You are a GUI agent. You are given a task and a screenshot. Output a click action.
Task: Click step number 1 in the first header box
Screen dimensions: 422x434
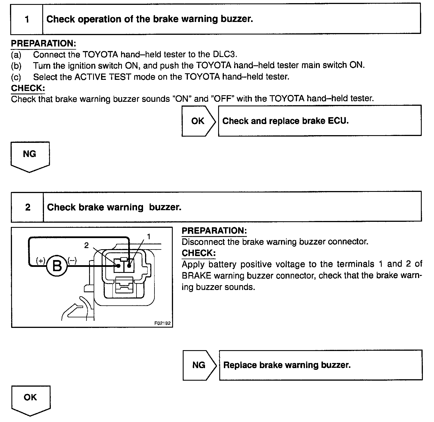point(27,19)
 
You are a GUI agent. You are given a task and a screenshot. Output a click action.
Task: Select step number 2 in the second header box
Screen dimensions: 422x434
point(28,207)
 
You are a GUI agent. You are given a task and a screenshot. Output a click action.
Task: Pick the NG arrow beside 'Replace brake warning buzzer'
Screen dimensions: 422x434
point(199,365)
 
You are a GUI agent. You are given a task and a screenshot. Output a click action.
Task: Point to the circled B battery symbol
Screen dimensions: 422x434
point(57,266)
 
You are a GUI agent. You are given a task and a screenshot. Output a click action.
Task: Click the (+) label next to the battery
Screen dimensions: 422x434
point(41,260)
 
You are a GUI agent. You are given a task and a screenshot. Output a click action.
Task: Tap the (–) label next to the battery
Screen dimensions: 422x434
point(72,260)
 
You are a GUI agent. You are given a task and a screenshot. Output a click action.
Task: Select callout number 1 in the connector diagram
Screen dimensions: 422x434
point(149,236)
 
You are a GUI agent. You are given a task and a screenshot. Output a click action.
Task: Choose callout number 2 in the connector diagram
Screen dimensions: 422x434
point(87,245)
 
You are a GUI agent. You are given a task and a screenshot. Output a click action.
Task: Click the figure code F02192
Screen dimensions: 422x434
point(162,323)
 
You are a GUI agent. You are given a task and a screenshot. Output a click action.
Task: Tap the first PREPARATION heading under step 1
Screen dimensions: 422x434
point(43,44)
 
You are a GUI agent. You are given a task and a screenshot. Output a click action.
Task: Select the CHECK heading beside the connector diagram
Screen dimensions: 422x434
point(199,253)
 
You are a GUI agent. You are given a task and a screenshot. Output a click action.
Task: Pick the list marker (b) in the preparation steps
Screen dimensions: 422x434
point(16,66)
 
